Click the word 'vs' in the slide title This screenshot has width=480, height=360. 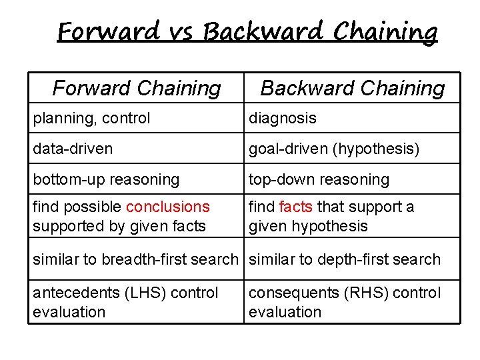tap(181, 31)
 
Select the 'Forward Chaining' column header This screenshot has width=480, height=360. tap(137, 88)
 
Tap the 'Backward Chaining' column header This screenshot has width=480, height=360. tap(352, 88)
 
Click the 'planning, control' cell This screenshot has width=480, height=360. tap(91, 119)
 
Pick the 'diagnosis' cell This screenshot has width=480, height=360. tap(283, 119)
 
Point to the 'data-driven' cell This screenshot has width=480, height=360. tap(73, 149)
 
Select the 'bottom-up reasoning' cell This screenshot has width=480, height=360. tap(106, 179)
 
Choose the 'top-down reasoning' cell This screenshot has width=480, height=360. tap(319, 179)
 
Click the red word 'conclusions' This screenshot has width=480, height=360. tap(167, 207)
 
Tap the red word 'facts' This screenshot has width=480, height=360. tap(296, 207)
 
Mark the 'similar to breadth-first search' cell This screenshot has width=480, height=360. tap(135, 259)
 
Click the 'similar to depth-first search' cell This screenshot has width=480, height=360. tap(345, 259)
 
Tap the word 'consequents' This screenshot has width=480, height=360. tap(291, 293)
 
